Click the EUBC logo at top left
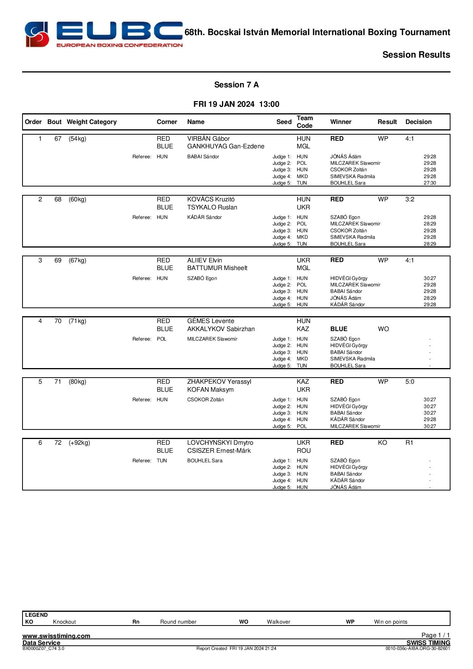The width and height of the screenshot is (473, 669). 103,34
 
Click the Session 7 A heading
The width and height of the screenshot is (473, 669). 236,85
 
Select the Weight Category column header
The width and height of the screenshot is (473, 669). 92,122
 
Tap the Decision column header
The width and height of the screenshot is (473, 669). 418,122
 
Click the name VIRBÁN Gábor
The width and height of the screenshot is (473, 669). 208,139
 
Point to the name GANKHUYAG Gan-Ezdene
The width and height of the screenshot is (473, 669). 225,146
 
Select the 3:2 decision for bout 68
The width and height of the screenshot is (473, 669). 410,199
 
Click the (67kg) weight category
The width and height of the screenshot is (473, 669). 77,261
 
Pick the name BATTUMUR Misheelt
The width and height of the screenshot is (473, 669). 217,268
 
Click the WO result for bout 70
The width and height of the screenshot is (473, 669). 383,329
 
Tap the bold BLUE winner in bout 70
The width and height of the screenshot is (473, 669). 339,329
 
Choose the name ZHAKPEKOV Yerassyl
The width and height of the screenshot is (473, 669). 219,382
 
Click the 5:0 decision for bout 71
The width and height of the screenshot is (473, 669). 410,382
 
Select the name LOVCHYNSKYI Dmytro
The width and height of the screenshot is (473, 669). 220,443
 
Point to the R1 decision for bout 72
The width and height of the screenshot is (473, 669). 409,443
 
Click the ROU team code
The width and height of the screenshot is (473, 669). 304,451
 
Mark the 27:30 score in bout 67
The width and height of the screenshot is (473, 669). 430,183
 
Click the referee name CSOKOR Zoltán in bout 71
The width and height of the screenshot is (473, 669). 205,400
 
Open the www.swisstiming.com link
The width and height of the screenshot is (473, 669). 56,636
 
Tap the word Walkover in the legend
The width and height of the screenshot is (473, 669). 278,622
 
